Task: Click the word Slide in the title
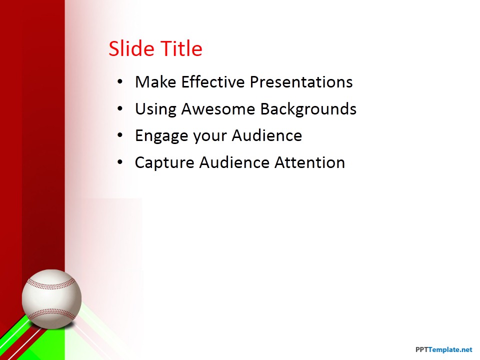[x=131, y=48]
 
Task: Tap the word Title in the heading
[x=181, y=48]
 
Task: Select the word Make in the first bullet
[x=155, y=82]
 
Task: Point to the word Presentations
[x=301, y=82]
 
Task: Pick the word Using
[x=156, y=109]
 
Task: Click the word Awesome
[x=218, y=109]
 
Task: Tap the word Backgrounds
[x=308, y=109]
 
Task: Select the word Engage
[x=161, y=136]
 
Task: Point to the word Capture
[x=164, y=163]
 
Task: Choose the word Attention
[x=310, y=162]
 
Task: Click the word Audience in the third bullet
[x=267, y=135]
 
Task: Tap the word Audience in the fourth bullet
[x=234, y=162]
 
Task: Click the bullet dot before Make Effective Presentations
[x=120, y=82]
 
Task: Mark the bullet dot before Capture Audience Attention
[x=120, y=162]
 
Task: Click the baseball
[x=51, y=299]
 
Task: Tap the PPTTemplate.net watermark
[x=444, y=349]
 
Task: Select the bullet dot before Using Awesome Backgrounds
[x=120, y=109]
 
